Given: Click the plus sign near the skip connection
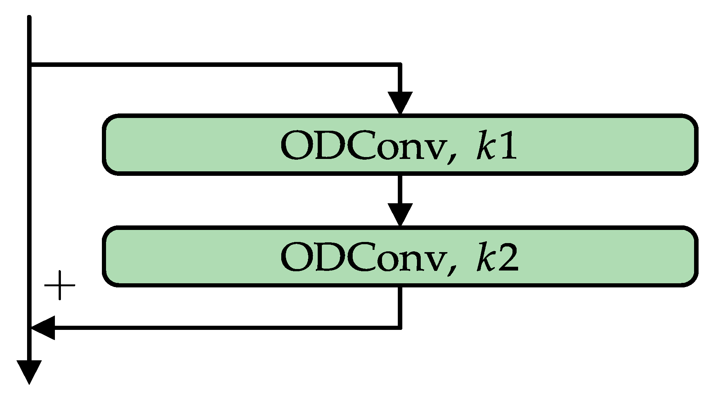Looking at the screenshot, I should (59, 286).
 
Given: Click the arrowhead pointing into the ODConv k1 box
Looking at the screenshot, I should (400, 102).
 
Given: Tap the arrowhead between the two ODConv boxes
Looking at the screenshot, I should (400, 214).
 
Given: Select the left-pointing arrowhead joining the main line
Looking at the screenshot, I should (44, 328).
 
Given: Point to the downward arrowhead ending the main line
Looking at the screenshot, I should (29, 372).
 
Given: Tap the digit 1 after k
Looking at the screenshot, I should (508, 146).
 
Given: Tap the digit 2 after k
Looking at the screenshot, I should (508, 257).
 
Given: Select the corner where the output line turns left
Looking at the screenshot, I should (400, 328).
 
